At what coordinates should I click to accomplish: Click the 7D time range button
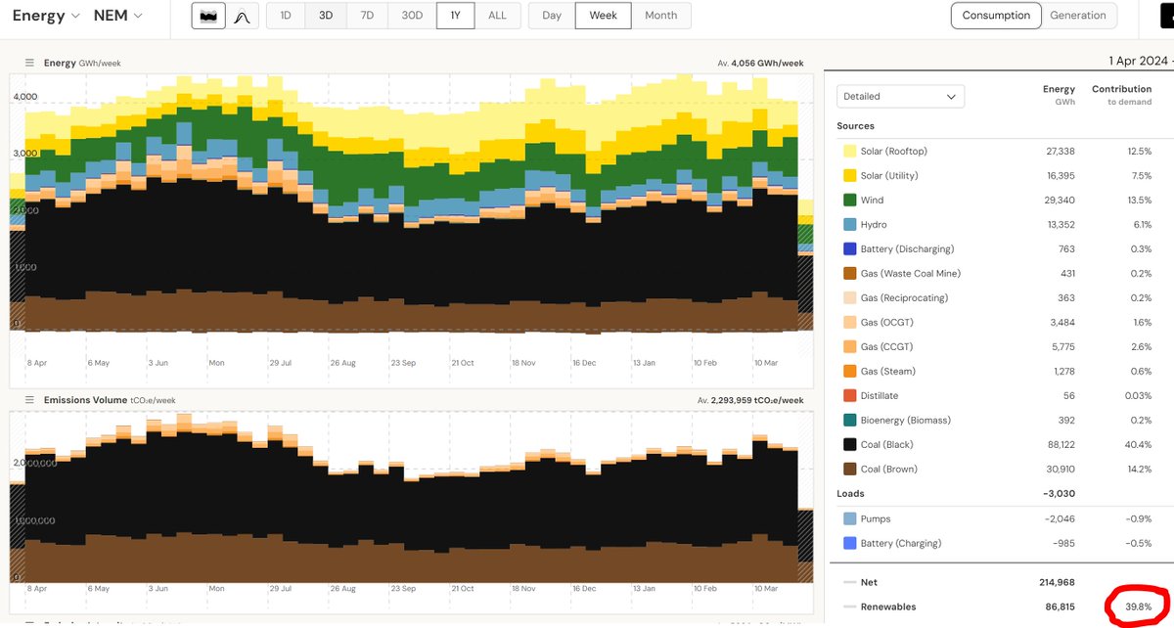pos(367,16)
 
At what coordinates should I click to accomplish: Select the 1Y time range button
pos(455,16)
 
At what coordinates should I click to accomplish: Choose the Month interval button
pos(660,16)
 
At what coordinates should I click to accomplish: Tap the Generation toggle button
pos(1077,16)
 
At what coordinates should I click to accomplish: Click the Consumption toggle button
pos(996,16)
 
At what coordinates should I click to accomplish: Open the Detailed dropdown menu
pos(900,96)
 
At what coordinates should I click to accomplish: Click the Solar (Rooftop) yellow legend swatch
pos(849,152)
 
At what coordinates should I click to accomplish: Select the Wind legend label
pos(872,201)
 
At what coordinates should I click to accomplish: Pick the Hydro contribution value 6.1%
pos(1138,225)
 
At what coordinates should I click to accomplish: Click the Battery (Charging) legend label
pos(900,543)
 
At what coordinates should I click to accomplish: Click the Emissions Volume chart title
pos(85,400)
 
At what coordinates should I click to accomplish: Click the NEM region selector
pos(117,16)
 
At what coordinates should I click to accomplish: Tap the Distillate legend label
pos(879,396)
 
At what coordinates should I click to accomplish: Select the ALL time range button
pos(497,16)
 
